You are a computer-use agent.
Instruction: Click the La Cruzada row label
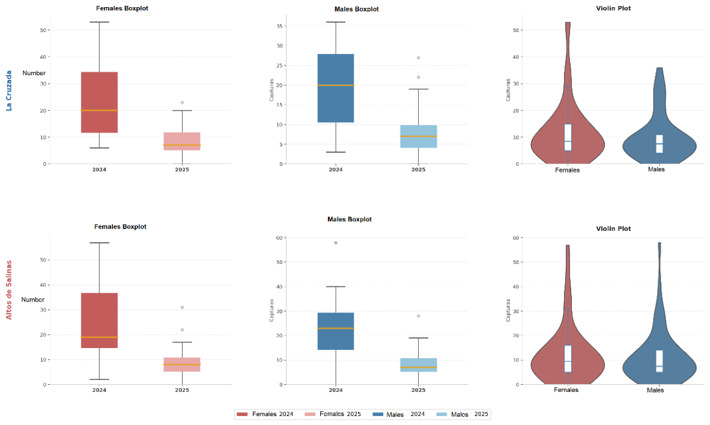click(x=8, y=91)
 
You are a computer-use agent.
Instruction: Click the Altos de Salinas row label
click(x=8, y=290)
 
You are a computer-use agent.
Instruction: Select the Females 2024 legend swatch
click(x=242, y=414)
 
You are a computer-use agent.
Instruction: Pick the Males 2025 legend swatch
click(x=441, y=414)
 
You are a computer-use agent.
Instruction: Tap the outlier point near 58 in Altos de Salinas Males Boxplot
click(x=336, y=243)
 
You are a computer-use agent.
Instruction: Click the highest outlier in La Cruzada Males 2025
click(x=419, y=58)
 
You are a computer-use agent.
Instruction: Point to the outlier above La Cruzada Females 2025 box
click(x=182, y=102)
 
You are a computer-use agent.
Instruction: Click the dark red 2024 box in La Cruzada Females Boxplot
click(x=99, y=102)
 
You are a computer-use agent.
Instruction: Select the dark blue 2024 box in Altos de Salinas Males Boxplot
click(x=336, y=331)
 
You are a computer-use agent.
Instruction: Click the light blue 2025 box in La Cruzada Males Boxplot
click(x=419, y=136)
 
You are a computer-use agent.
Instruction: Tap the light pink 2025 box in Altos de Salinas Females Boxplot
click(x=182, y=365)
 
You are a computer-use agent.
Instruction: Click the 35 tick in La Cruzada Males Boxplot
click(x=279, y=26)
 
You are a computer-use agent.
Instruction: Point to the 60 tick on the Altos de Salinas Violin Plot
click(x=515, y=238)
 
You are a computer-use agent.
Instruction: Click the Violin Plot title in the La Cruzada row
click(x=613, y=8)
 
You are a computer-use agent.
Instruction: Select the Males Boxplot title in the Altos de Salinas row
click(x=350, y=219)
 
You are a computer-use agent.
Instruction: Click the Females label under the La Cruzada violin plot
click(x=568, y=170)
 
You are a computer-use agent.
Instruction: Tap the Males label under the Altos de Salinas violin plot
click(x=655, y=390)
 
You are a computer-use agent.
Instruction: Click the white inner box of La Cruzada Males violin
click(x=660, y=144)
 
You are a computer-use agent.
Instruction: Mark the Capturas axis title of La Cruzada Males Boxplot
click(x=272, y=90)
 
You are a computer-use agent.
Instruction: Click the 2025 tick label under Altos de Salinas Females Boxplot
click(x=182, y=390)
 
